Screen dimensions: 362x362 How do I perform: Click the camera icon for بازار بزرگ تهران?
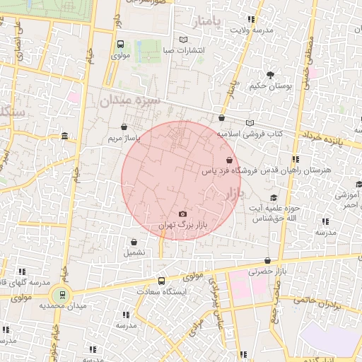coord(183,214)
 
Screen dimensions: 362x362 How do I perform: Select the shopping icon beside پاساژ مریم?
coord(125,128)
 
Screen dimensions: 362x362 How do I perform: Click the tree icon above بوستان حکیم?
coord(270,74)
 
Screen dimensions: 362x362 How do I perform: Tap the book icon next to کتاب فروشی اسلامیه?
coord(249,123)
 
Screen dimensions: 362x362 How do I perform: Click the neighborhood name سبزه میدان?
coord(130,101)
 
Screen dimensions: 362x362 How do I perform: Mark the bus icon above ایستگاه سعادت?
coord(162,281)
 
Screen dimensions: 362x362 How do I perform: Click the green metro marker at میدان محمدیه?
coord(62,295)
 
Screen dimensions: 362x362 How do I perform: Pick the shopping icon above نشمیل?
coord(133,242)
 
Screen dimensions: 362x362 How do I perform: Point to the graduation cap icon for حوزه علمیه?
coord(274,198)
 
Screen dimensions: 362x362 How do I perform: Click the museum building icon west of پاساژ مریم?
coord(65,136)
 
